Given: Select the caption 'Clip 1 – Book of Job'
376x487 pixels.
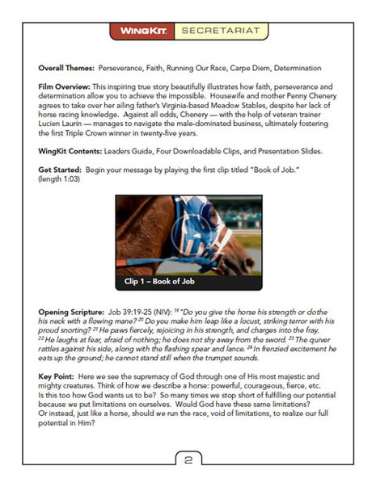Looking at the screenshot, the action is point(163,283).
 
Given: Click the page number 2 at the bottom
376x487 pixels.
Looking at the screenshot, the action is point(188,461).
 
